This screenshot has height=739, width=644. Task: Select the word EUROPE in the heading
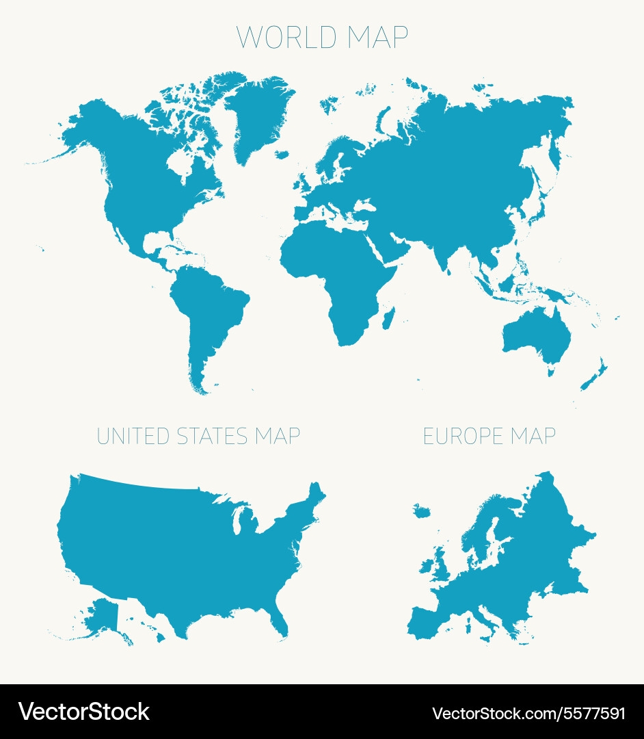point(459,436)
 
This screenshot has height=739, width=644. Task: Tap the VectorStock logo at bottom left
point(83,712)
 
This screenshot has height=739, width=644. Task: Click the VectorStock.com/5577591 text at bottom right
point(528,713)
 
